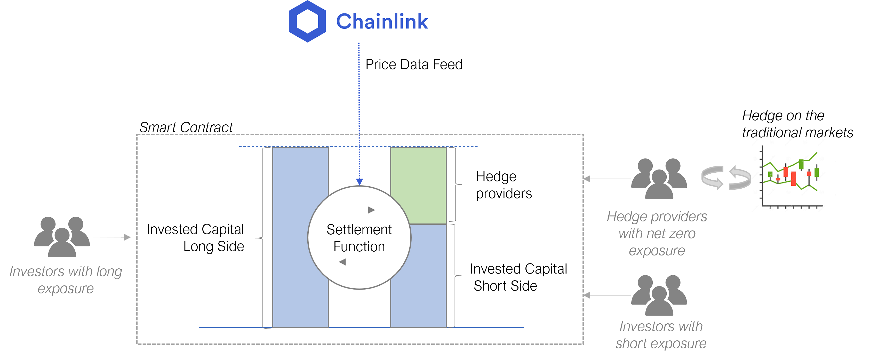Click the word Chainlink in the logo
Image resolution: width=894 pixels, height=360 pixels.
[381, 21]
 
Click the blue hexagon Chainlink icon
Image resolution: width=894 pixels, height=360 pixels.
[307, 21]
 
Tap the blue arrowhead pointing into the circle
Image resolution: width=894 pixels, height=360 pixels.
[360, 182]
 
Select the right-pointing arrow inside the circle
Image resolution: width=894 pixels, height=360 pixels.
[358, 210]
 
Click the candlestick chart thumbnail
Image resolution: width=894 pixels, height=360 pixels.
[791, 175]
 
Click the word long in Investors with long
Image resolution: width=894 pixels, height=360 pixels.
[109, 272]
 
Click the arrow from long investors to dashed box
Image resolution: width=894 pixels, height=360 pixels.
[110, 237]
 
